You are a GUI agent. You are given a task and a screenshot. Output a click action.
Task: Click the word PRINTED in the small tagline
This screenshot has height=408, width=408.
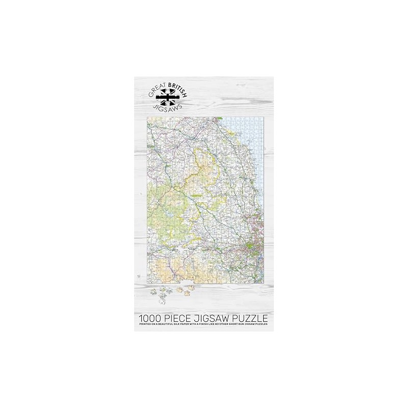[x=144, y=324]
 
